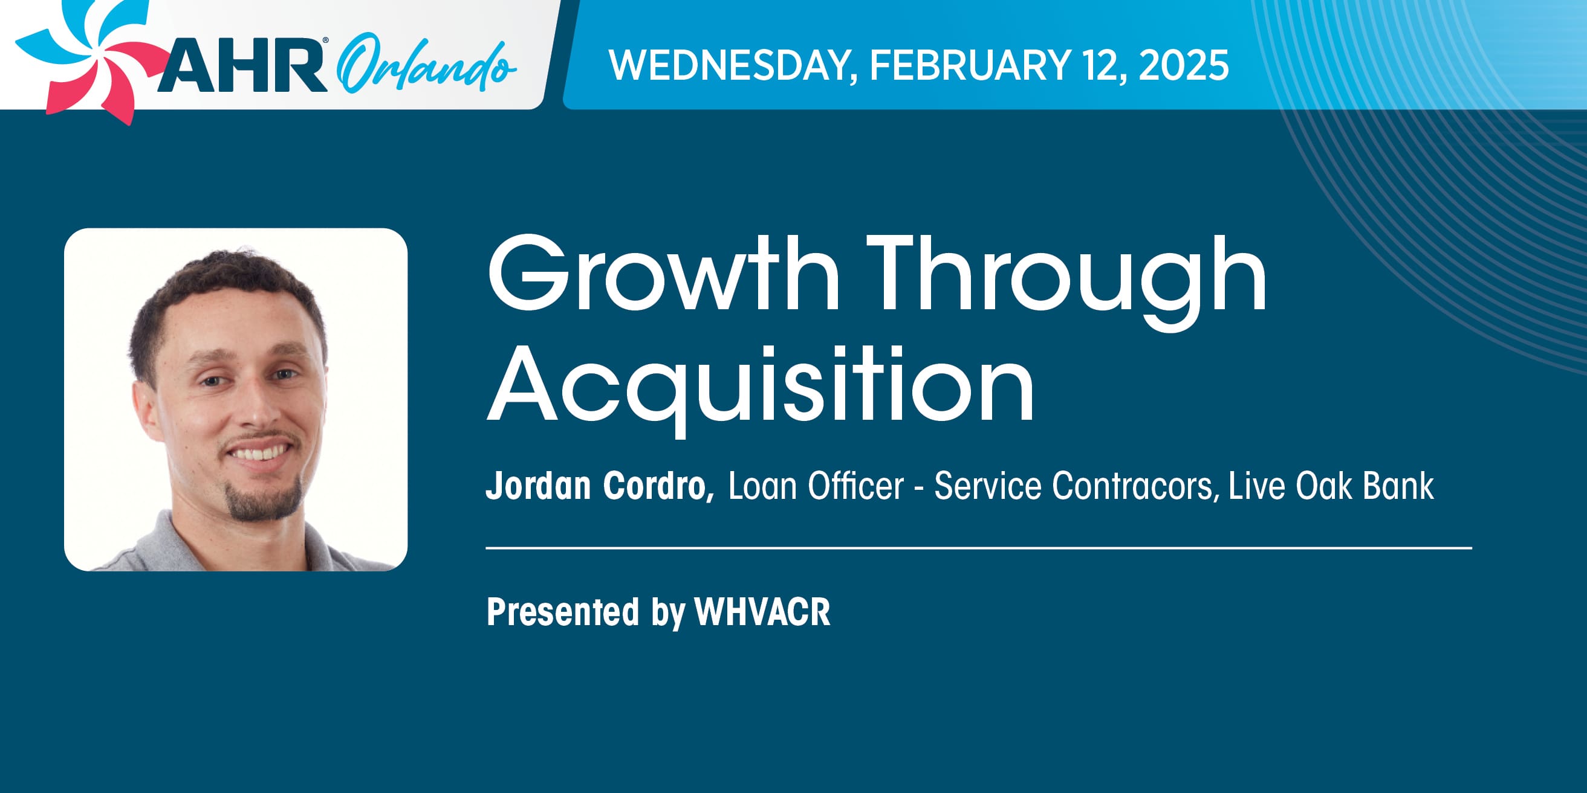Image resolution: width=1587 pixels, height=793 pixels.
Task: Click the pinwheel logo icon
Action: (86, 59)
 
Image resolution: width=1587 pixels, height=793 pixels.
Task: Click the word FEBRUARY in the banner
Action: (970, 65)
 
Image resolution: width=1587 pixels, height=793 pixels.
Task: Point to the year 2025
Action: (1184, 65)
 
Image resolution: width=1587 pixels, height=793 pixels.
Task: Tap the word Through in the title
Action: (1066, 283)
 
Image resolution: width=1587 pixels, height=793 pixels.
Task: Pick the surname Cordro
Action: (658, 486)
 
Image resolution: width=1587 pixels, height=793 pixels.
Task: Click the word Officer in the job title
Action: (855, 486)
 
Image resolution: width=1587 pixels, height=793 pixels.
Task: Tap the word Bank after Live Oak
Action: (1398, 486)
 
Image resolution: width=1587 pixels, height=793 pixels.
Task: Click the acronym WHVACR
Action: (762, 612)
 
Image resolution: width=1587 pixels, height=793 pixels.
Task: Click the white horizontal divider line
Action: (979, 547)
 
